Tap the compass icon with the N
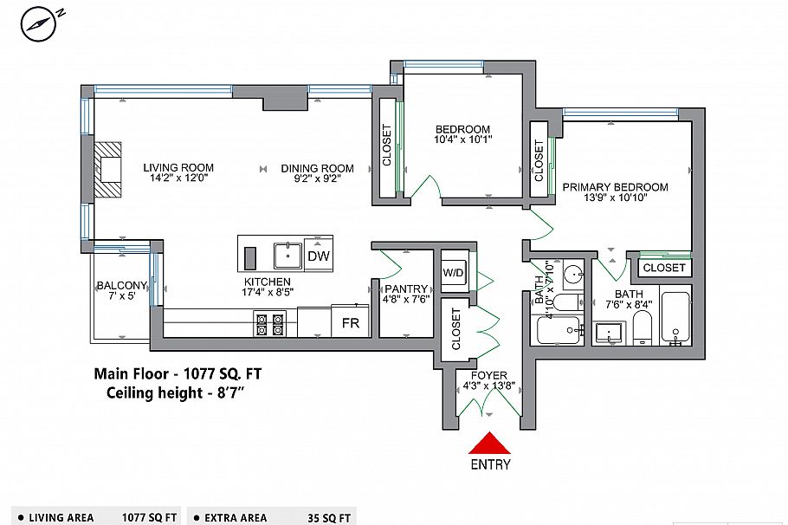pos(38,24)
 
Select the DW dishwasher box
pos(318,256)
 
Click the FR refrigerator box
pos(351,322)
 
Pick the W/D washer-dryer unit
pos(454,273)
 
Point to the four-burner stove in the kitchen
pos(269,323)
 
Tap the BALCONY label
pos(121,286)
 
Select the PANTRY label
pos(406,289)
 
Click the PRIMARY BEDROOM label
pos(615,187)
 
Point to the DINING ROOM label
pos(317,168)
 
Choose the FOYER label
pos(489,376)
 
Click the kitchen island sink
pos(287,256)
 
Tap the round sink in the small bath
pos(572,275)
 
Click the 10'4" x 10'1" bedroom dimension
pos(463,139)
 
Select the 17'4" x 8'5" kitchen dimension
pos(268,292)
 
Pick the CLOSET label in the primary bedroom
pos(664,268)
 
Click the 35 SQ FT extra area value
pos(329,518)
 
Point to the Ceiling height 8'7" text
pos(176,392)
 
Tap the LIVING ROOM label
pos(178,167)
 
